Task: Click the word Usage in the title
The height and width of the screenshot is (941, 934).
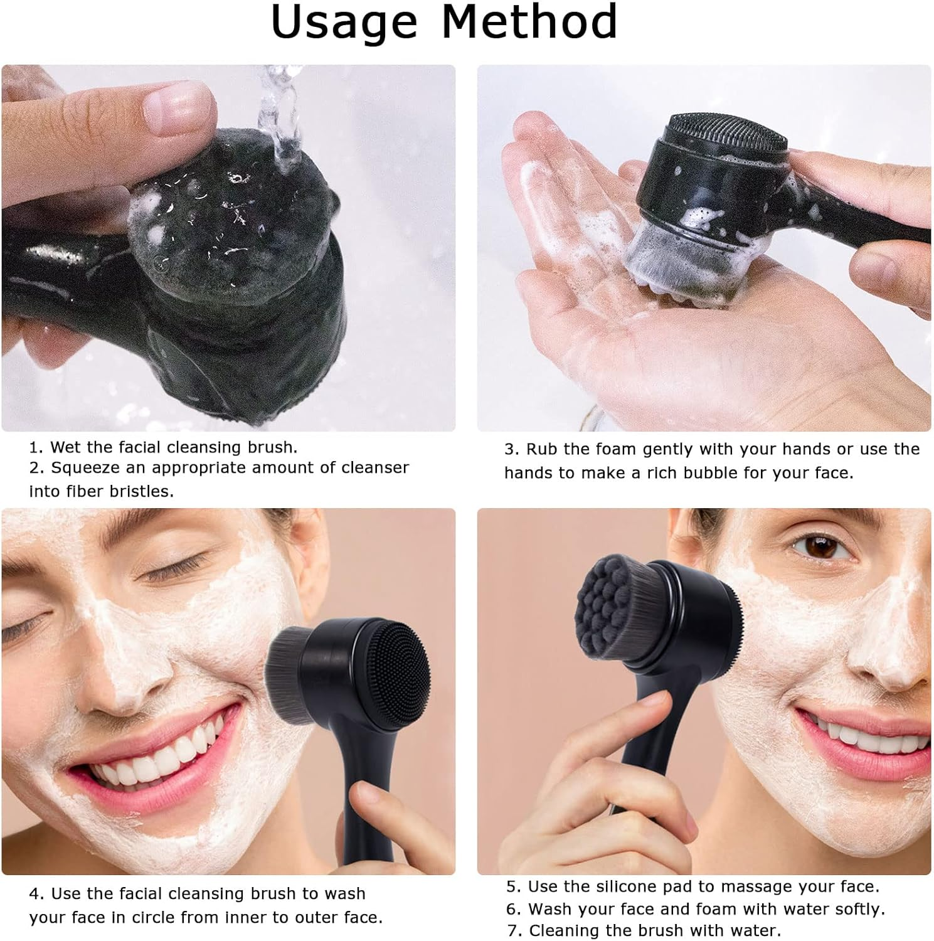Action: (x=344, y=22)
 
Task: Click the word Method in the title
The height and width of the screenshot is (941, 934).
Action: (x=529, y=22)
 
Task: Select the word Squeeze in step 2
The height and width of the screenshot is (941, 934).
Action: (x=86, y=468)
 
